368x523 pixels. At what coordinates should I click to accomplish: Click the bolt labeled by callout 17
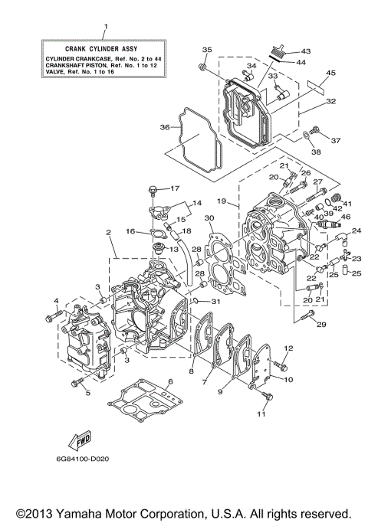[x=155, y=188]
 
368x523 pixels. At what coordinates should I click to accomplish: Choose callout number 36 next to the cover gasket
[x=164, y=127]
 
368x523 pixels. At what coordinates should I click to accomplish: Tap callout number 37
[x=334, y=140]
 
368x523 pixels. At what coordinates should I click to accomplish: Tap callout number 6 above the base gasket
[x=170, y=381]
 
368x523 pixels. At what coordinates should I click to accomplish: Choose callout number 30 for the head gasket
[x=210, y=219]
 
